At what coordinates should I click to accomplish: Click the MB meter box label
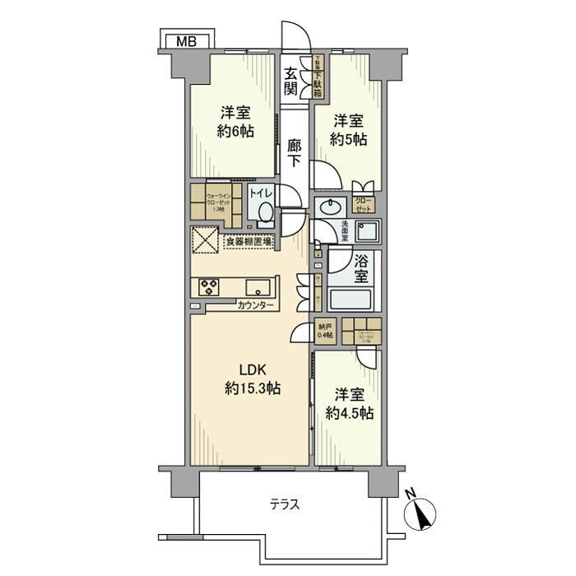[x=186, y=41]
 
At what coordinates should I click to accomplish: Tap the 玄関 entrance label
[x=290, y=81]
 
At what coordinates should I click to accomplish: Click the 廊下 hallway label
[x=295, y=153]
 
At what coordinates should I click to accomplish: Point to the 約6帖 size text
[x=235, y=131]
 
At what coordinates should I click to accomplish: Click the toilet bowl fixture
[x=264, y=213]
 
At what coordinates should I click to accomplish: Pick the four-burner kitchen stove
[x=207, y=287]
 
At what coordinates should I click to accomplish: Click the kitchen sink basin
[x=257, y=288]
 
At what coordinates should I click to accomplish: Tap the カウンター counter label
[x=255, y=306]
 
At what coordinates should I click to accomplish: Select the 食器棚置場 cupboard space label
[x=252, y=243]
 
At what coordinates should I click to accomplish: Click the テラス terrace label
[x=281, y=504]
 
